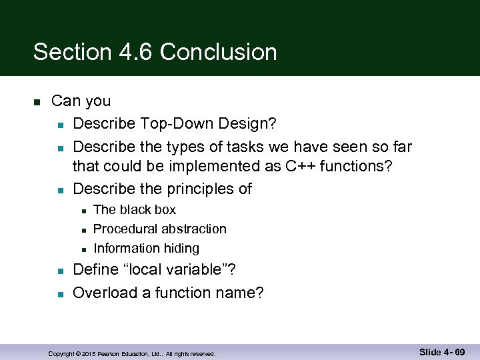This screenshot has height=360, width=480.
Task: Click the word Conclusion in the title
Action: pyautogui.click(x=218, y=52)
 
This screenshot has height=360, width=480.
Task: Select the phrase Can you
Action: pyautogui.click(x=81, y=101)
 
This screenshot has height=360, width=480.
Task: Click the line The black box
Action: pyautogui.click(x=135, y=210)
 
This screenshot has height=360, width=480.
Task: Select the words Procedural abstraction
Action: pyautogui.click(x=160, y=229)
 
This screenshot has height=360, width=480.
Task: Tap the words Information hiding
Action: pyautogui.click(x=146, y=249)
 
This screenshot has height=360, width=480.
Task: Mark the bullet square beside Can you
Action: pyautogui.click(x=37, y=102)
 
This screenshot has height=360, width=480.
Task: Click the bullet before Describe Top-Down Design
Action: pyautogui.click(x=59, y=125)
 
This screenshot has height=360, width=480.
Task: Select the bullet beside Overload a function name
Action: pyautogui.click(x=59, y=293)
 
